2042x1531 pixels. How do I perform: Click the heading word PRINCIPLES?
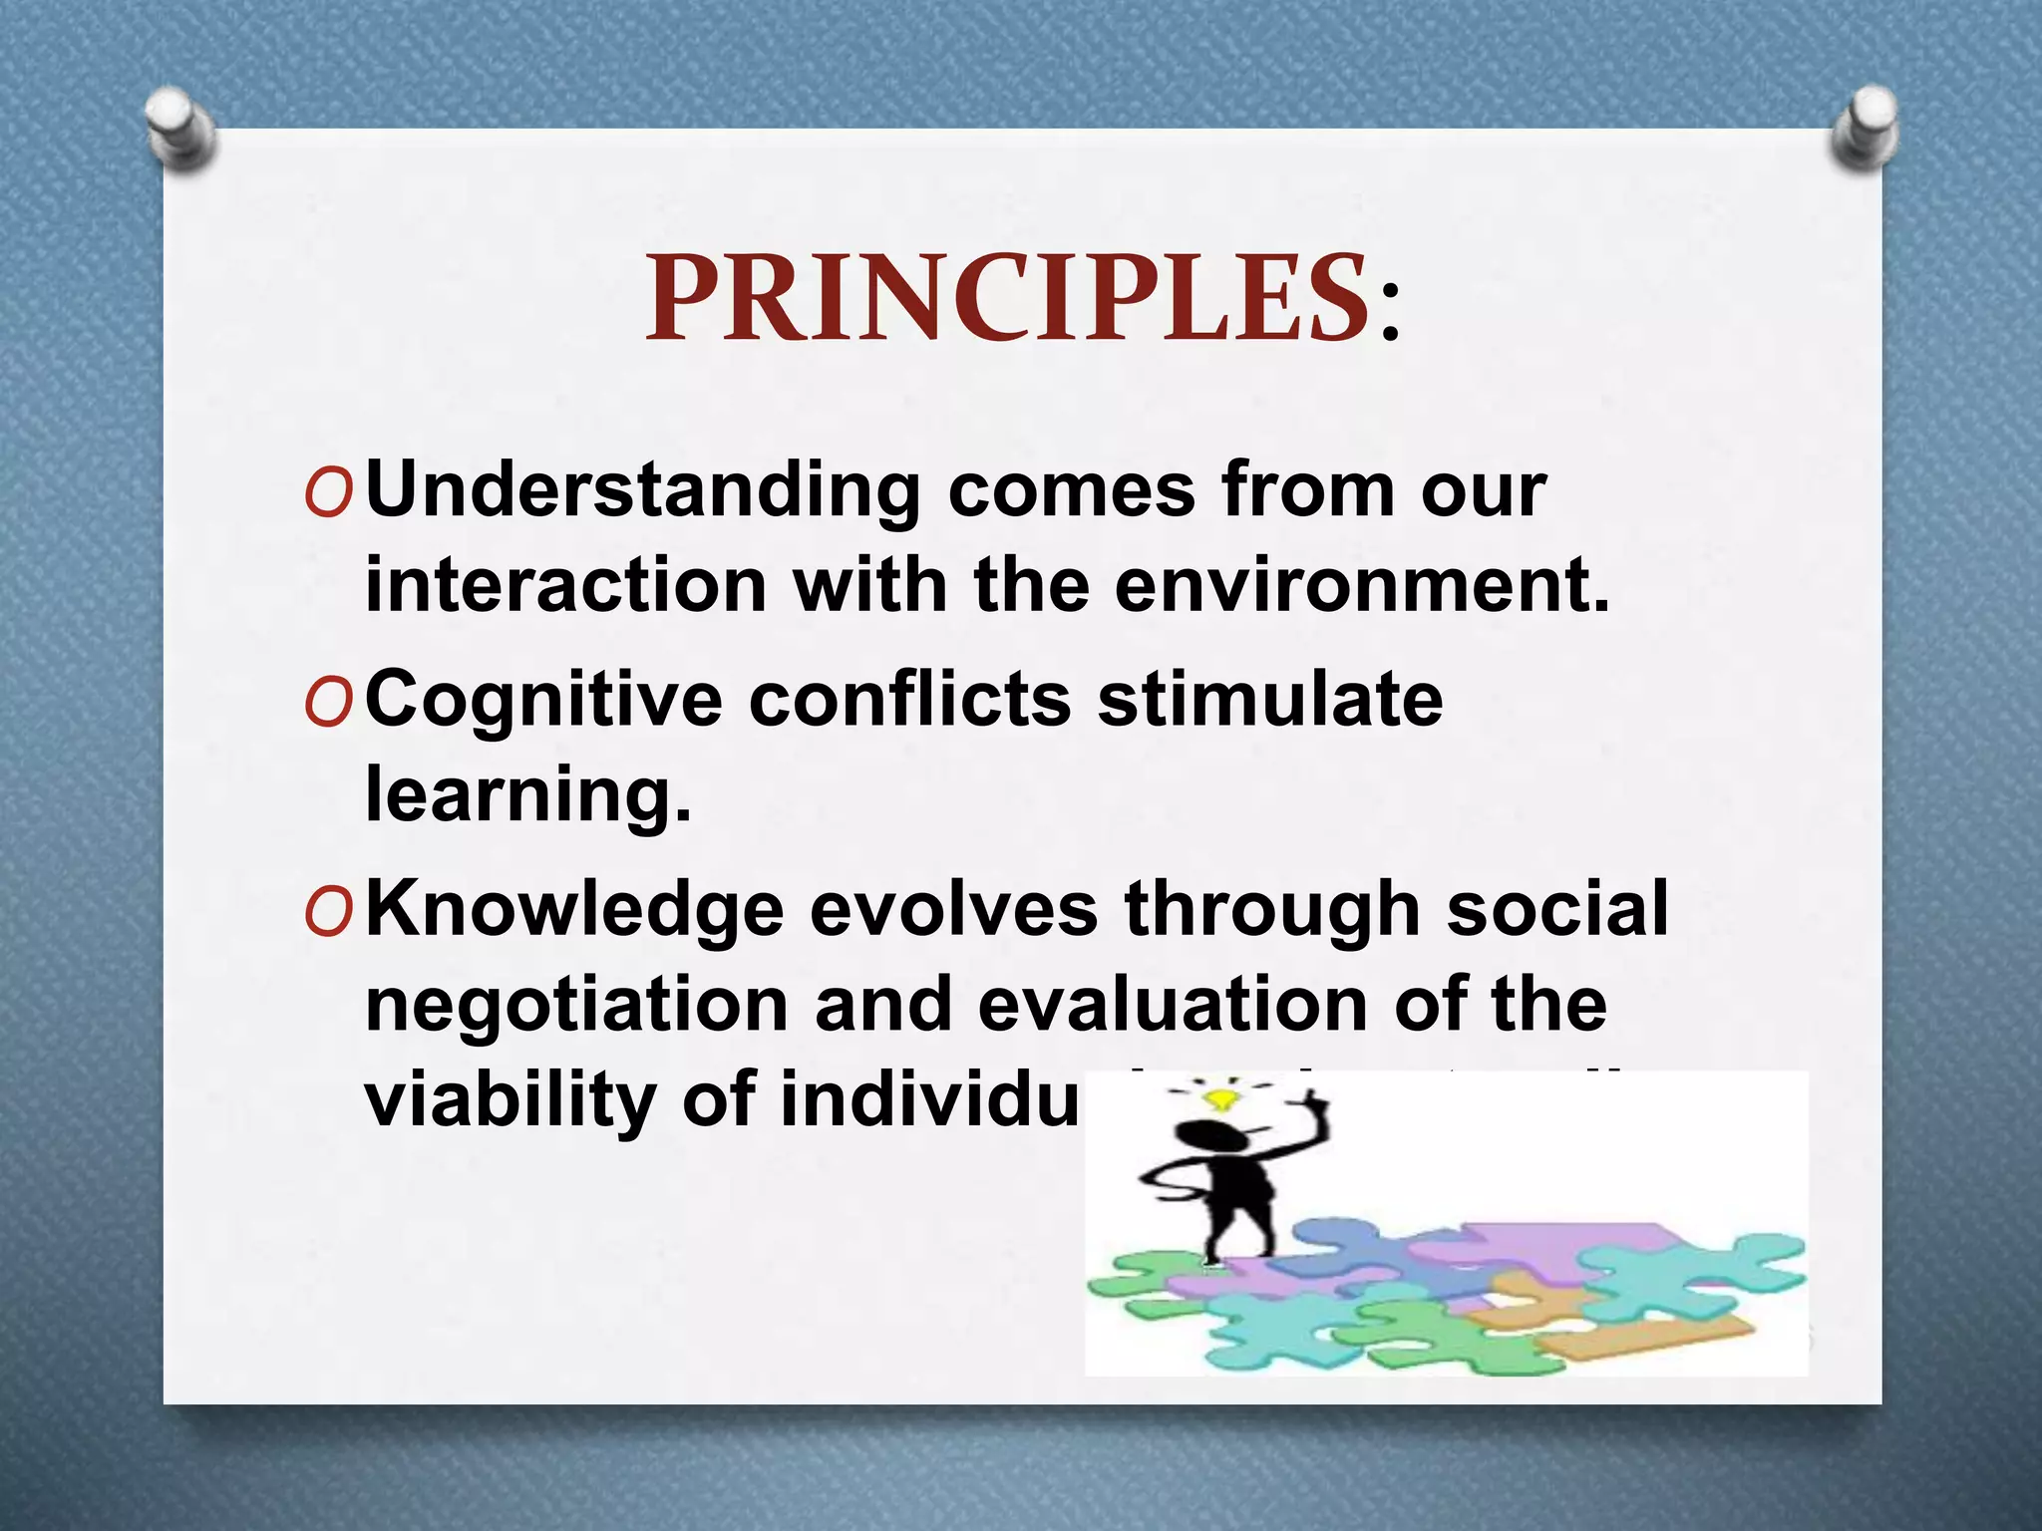(1007, 299)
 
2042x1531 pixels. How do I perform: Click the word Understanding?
(643, 490)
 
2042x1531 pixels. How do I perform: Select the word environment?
(1361, 585)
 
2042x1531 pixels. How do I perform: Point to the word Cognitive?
(543, 700)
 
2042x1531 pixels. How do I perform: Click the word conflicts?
(909, 700)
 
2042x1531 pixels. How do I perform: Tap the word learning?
(527, 795)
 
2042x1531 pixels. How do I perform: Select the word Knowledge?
(574, 910)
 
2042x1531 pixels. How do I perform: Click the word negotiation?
(577, 1005)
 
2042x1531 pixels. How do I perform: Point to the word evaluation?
(1173, 1005)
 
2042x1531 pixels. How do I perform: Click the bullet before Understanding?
(328, 495)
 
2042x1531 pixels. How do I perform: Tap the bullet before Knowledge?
(328, 915)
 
